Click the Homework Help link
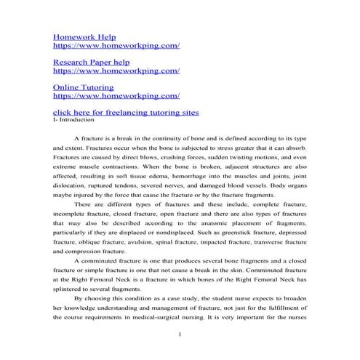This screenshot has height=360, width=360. coord(84,35)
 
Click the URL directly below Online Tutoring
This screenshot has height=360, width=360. coord(116,95)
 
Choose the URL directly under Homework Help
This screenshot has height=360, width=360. coord(116,45)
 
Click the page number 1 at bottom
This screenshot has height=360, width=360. coord(180,335)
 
